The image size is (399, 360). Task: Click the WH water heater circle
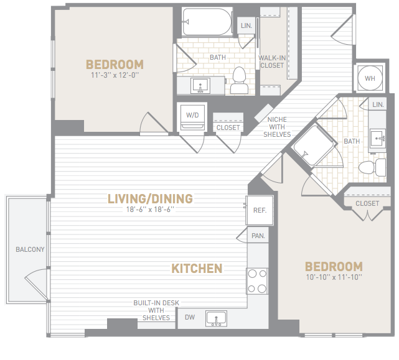[370, 78]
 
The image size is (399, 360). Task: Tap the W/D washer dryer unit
[192, 117]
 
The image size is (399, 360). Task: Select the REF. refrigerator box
[260, 210]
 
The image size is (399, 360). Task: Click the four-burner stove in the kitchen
[257, 281]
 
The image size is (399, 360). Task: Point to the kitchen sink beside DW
[216, 318]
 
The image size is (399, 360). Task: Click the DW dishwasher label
[190, 317]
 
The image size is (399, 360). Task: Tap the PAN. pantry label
[258, 236]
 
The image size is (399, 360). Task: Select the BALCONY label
[30, 249]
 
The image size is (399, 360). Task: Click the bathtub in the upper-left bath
[207, 22]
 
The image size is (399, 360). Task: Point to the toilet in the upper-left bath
[239, 80]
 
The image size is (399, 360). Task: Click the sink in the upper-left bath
[200, 86]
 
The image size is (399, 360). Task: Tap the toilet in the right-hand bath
[372, 167]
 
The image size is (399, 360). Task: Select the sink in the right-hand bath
[378, 139]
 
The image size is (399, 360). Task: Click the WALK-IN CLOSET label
[272, 62]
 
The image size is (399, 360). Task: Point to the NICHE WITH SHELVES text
[277, 127]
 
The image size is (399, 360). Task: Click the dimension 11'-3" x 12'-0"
[115, 75]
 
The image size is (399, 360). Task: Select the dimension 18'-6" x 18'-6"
[150, 210]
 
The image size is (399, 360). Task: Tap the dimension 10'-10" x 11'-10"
[334, 277]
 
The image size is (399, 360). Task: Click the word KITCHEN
[197, 269]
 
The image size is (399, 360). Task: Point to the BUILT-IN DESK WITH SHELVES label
[156, 310]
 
